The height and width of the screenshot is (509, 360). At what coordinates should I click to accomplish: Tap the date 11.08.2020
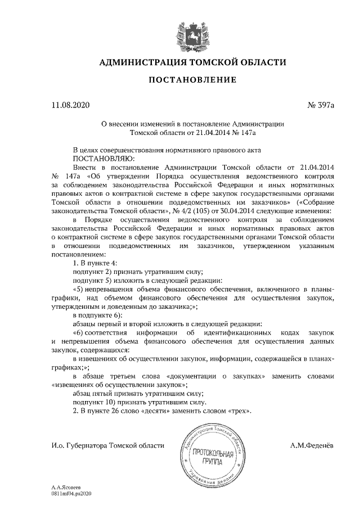pos(70,105)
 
